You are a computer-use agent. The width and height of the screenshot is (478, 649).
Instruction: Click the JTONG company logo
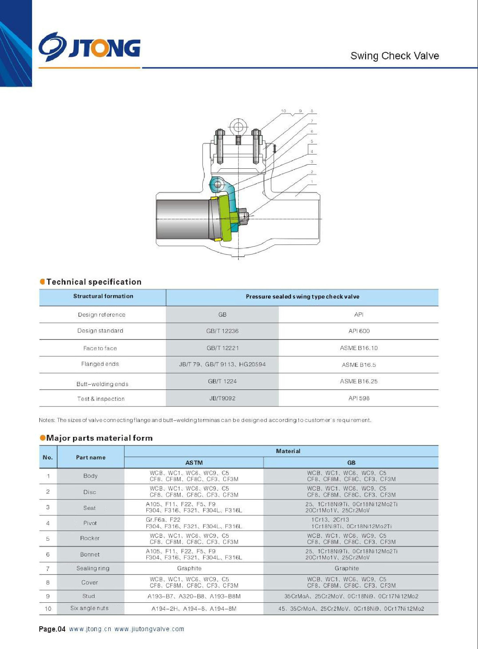[90, 47]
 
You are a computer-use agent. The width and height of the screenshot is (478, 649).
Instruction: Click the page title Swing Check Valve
[394, 56]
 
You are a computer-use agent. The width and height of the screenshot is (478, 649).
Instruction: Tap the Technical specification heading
[94, 282]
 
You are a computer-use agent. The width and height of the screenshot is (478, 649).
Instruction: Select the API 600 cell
[359, 331]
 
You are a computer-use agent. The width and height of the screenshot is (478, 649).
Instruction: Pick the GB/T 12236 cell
[222, 331]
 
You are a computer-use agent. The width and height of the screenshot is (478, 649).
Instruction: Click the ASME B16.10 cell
[359, 348]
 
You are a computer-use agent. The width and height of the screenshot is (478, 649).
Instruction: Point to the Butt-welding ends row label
[102, 384]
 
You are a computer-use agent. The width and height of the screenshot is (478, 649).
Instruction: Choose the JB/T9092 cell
[222, 398]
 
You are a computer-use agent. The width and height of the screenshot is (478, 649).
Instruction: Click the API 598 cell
[359, 398]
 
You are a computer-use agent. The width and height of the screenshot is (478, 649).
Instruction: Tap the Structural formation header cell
[103, 297]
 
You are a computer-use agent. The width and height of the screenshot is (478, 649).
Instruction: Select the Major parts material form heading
[99, 438]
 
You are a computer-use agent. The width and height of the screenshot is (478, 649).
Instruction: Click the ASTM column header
[194, 463]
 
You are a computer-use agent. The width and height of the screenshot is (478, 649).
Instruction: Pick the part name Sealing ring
[93, 568]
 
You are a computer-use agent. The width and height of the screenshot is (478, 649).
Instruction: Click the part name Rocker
[90, 538]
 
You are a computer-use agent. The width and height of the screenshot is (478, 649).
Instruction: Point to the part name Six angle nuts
[89, 608]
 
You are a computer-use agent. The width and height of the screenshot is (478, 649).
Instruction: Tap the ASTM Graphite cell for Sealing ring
[189, 568]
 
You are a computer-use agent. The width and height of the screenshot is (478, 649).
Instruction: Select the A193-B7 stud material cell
[194, 596]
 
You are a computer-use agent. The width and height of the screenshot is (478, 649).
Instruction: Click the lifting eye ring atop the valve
[238, 127]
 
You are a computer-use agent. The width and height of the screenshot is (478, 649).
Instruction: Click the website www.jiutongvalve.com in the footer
[149, 629]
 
